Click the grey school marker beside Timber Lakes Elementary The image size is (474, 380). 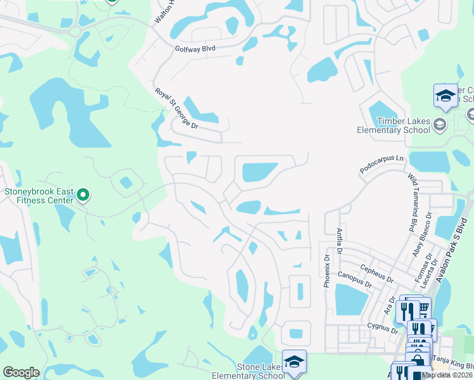(x=440, y=125)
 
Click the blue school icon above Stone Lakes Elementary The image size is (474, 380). (x=294, y=361)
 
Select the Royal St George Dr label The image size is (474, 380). (x=177, y=109)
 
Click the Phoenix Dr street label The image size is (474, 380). (x=327, y=271)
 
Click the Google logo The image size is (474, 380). (x=21, y=372)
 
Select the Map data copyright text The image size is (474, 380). (x=447, y=375)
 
